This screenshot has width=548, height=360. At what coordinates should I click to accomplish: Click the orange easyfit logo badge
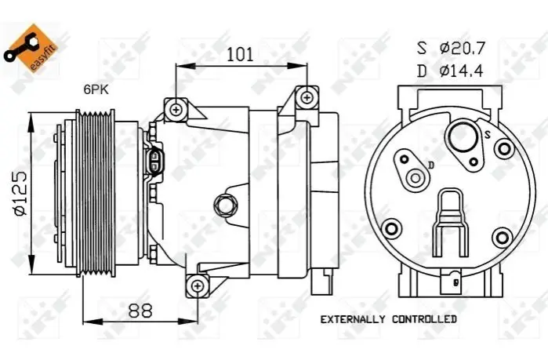tap(31, 48)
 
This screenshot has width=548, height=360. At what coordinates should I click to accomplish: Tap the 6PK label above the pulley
tap(96, 89)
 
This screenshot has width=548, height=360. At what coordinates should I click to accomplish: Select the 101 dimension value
tap(240, 55)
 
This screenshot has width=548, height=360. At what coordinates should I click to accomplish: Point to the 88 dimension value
tap(140, 310)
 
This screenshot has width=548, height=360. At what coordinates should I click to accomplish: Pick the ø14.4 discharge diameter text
tap(462, 71)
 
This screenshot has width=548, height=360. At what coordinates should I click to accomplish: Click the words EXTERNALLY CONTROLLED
tap(389, 319)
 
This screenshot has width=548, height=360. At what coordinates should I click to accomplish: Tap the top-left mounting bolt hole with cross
tap(176, 110)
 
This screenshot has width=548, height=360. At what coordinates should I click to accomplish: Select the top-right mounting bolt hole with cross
tap(307, 97)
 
